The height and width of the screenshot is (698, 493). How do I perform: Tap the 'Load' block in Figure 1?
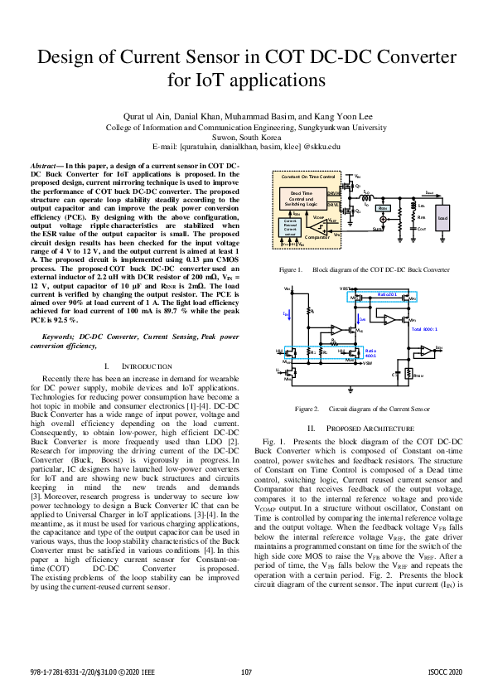point(442,219)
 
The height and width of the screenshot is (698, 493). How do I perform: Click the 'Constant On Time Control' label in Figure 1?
point(307,177)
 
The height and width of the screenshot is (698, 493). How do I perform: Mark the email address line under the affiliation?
point(246,145)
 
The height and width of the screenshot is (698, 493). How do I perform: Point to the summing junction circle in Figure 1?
point(382,221)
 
